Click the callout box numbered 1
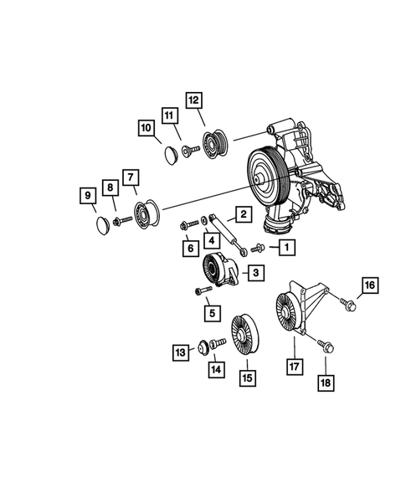pos(287,247)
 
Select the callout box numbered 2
pos(241,215)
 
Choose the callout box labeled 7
pos(131,177)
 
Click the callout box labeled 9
pos(87,198)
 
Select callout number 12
pos(194,100)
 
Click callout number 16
pos(369,286)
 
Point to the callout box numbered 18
pos(324,383)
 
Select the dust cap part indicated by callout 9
pos(100,225)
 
